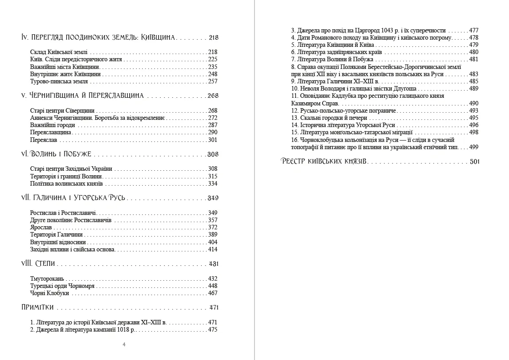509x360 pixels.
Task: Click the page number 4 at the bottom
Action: click(x=124, y=345)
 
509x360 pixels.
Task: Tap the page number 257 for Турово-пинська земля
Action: click(x=213, y=82)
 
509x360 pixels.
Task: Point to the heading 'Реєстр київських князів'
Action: click(x=323, y=161)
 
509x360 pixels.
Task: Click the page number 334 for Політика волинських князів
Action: click(x=213, y=184)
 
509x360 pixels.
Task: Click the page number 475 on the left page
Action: click(x=213, y=329)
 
